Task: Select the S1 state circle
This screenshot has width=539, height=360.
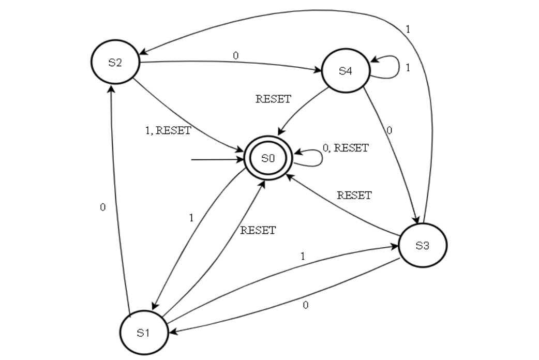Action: pyautogui.click(x=143, y=333)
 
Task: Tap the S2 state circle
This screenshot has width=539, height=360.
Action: pyautogui.click(x=115, y=63)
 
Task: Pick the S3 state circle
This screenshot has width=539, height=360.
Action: pyautogui.click(x=423, y=245)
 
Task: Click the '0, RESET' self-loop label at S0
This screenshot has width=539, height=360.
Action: pyautogui.click(x=346, y=148)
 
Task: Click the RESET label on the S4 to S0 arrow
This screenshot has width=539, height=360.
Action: pyautogui.click(x=274, y=99)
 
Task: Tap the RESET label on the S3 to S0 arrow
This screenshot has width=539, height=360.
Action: pyautogui.click(x=354, y=196)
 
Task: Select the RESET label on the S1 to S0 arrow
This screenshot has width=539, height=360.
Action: pyautogui.click(x=258, y=231)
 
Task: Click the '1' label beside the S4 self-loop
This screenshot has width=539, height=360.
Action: pyautogui.click(x=408, y=68)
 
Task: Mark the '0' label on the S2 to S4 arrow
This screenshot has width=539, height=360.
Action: pyautogui.click(x=236, y=55)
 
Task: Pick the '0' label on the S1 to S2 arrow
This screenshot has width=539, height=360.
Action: pyautogui.click(x=102, y=207)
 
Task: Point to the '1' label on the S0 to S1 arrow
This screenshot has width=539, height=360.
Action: pyautogui.click(x=191, y=218)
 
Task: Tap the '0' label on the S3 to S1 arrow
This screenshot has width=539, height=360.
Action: pyautogui.click(x=305, y=305)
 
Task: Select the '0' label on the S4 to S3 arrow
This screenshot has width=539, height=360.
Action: pyautogui.click(x=389, y=131)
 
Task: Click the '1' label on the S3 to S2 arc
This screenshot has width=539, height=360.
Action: pyautogui.click(x=408, y=29)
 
